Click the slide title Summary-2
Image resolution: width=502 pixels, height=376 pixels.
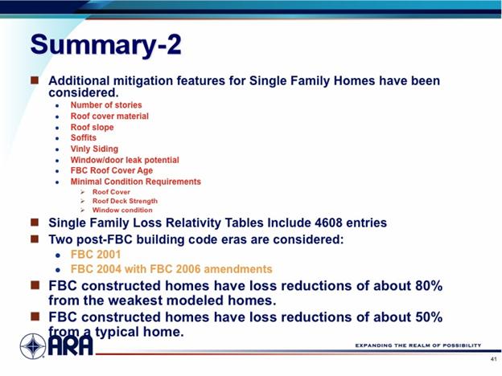pyautogui.click(x=106, y=44)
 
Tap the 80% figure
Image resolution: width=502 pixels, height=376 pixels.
pyautogui.click(x=429, y=285)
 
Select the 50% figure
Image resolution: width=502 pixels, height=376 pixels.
pyautogui.click(x=429, y=317)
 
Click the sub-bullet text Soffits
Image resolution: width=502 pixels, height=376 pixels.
pyautogui.click(x=83, y=137)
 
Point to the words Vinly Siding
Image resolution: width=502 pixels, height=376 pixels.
pyautogui.click(x=94, y=149)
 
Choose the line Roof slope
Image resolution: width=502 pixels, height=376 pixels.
pyautogui.click(x=93, y=127)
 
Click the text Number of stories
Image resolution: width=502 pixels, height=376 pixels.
pyautogui.click(x=106, y=105)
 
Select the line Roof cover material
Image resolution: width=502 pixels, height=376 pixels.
pyautogui.click(x=109, y=116)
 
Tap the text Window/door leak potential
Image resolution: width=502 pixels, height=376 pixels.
pyautogui.click(x=125, y=160)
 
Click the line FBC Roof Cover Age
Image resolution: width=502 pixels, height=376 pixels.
pyautogui.click(x=112, y=170)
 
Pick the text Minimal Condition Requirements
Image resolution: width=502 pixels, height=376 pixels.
pyautogui.click(x=136, y=182)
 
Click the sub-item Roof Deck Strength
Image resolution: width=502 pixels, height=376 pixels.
pyautogui.click(x=125, y=201)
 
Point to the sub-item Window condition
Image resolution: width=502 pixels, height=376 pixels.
pyautogui.click(x=122, y=210)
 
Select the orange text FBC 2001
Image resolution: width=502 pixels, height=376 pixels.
pyautogui.click(x=96, y=255)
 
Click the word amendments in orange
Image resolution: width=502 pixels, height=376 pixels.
pyautogui.click(x=238, y=269)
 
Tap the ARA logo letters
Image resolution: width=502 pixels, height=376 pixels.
pyautogui.click(x=71, y=345)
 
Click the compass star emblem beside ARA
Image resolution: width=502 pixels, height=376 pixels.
pyautogui.click(x=33, y=346)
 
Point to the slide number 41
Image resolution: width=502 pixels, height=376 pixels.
pyautogui.click(x=493, y=359)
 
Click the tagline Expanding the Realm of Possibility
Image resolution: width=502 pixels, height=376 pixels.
pyautogui.click(x=418, y=345)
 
